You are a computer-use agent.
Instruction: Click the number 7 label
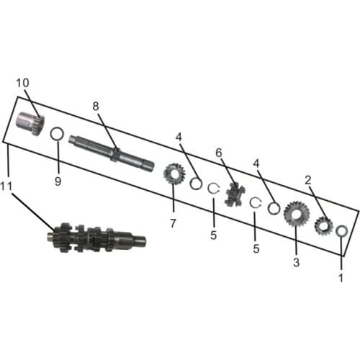pyautogui.click(x=173, y=223)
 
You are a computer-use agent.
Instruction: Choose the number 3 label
pyautogui.click(x=296, y=263)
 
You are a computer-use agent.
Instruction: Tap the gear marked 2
pyautogui.click(x=323, y=226)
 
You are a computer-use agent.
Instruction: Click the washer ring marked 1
pyautogui.click(x=343, y=231)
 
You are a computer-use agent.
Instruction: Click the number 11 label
pyautogui.click(x=7, y=186)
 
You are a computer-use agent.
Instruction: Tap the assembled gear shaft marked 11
pyautogui.click(x=97, y=236)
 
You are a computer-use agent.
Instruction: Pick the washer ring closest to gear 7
pyautogui.click(x=195, y=184)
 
